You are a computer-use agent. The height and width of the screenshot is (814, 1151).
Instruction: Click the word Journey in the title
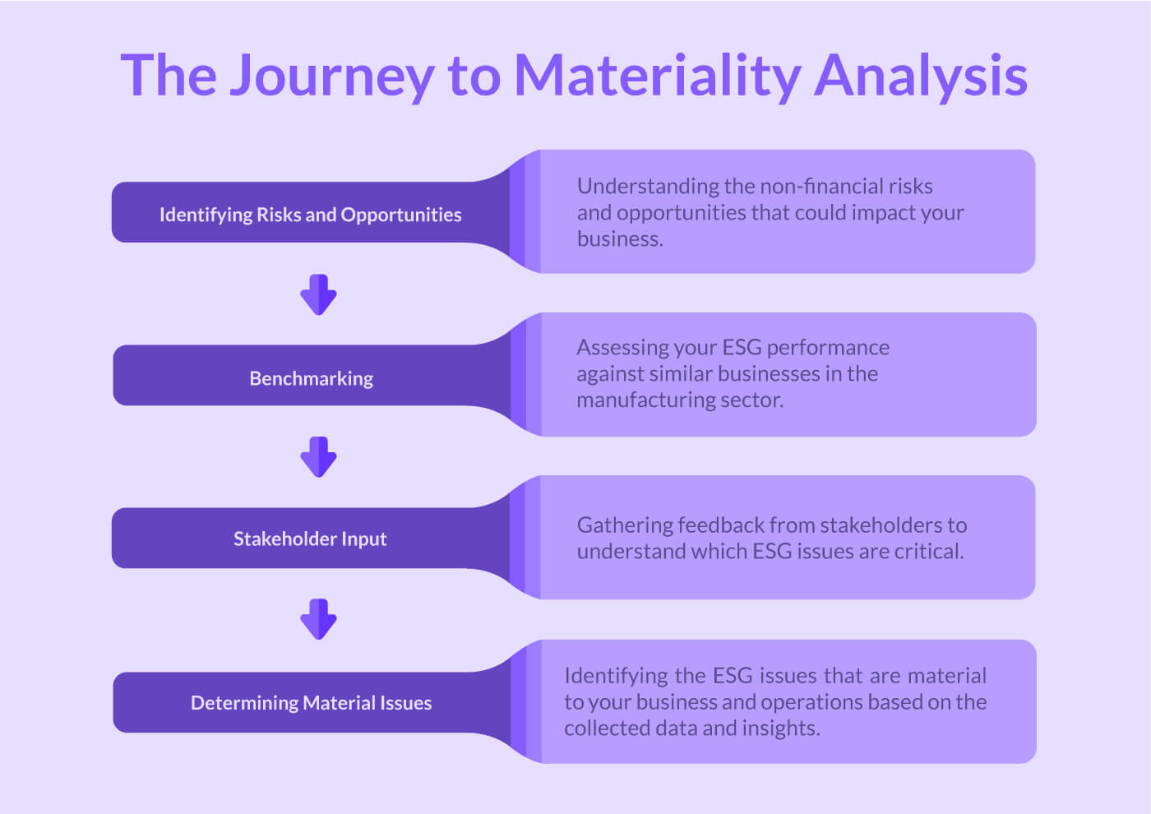click(x=331, y=76)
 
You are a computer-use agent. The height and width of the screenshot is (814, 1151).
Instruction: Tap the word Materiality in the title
click(x=656, y=76)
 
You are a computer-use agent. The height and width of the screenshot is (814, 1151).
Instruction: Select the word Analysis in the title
click(x=921, y=76)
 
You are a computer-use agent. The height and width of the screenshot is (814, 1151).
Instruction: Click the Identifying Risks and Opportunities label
click(x=310, y=215)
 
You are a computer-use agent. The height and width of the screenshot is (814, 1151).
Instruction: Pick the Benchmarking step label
click(x=311, y=378)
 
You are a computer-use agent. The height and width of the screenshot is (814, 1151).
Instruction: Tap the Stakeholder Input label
click(x=310, y=539)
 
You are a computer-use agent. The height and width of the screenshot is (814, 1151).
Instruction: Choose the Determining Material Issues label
click(x=311, y=703)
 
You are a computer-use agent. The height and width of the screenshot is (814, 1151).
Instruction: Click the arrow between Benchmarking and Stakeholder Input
click(x=318, y=457)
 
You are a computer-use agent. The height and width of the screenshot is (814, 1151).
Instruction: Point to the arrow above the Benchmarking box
click(x=318, y=295)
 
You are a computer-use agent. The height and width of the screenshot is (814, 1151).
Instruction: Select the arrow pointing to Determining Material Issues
click(x=318, y=619)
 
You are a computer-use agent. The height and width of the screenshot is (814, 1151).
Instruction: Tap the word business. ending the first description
click(x=620, y=239)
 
